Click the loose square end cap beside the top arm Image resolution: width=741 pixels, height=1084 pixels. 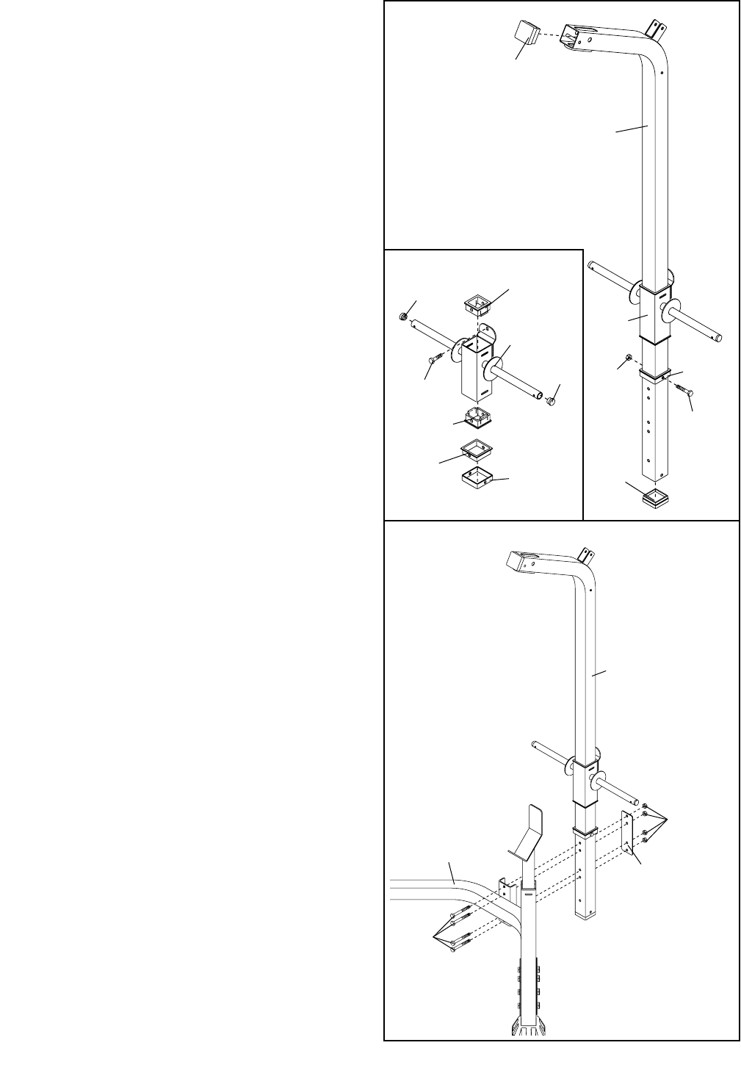coord(524,34)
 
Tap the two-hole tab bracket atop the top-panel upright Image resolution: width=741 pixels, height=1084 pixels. coord(654,27)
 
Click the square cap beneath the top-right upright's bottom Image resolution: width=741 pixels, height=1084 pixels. coord(657,499)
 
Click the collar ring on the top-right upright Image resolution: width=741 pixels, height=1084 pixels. coord(655,375)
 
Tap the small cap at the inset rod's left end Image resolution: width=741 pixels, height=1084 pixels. coord(403,316)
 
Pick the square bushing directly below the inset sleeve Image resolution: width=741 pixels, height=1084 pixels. coord(477,417)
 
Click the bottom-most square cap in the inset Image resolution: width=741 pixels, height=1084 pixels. coord(477,479)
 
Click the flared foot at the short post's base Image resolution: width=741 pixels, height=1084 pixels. coord(528,1025)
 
